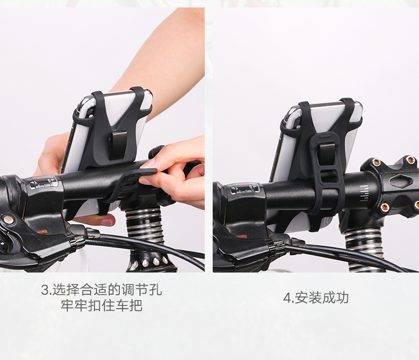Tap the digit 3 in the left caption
[45, 290]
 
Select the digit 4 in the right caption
[287, 298]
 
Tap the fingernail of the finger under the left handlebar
[107, 222]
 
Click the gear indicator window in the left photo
[44, 183]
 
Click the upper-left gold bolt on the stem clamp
[376, 162]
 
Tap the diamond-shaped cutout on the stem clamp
[400, 181]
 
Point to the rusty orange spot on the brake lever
[41, 232]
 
